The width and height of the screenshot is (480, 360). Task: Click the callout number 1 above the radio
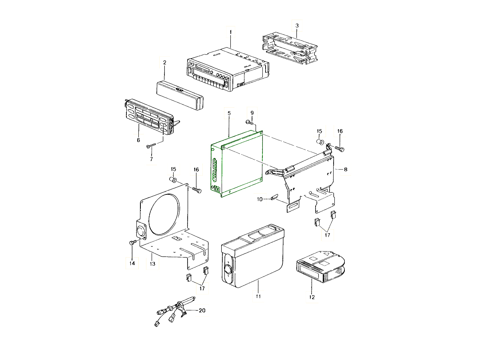coord(230,32)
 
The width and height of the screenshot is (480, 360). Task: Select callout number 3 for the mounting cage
coord(297,26)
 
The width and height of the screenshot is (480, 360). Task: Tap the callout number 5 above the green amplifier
coord(229,113)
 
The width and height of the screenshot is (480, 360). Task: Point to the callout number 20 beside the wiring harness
coord(202,310)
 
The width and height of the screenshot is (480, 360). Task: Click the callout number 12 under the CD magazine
coord(312,297)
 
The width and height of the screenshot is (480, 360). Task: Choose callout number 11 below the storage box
coord(258,296)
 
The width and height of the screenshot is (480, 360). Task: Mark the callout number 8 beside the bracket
coord(346,169)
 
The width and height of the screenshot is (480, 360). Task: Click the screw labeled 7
coord(151,146)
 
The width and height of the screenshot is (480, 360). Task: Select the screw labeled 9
coord(250,123)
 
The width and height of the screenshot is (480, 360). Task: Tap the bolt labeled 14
coord(133,242)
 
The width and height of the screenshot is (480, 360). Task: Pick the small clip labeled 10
coord(274,196)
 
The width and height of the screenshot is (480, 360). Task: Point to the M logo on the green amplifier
coord(217,189)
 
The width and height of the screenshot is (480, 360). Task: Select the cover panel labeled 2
coord(180,95)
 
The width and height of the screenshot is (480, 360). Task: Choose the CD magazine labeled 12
coord(320,267)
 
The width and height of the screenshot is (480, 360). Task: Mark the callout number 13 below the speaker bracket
coord(152,264)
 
